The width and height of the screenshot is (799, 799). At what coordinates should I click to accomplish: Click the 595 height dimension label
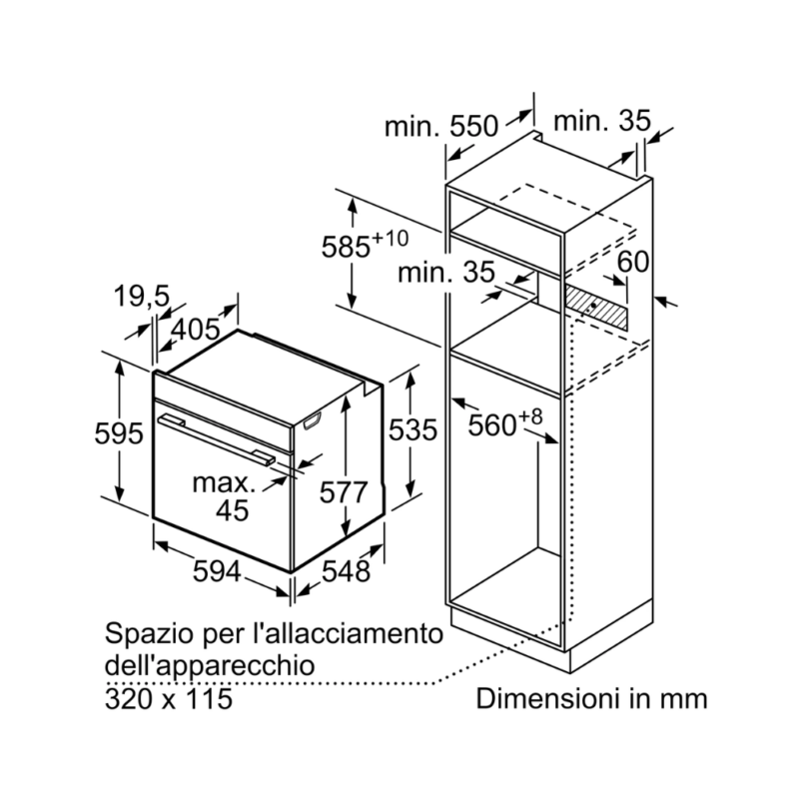coord(118,434)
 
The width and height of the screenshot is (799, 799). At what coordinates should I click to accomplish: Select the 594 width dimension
coord(217,571)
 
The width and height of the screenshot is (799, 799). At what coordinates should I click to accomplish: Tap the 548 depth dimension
coord(346,571)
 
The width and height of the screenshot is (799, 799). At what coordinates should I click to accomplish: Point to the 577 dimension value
coord(344,492)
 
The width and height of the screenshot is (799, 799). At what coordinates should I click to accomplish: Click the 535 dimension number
coord(412,429)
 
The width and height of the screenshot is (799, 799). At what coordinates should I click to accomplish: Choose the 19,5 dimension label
coord(141,296)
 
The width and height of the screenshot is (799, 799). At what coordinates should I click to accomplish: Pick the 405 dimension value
coord(195,330)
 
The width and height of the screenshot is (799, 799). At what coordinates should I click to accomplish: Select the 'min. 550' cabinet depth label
coord(440,126)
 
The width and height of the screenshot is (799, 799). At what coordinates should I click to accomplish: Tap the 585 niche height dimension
coord(365,245)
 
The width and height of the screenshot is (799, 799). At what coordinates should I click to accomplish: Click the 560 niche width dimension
coord(505,423)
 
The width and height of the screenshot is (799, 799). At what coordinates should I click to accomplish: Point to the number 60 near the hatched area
coord(633,262)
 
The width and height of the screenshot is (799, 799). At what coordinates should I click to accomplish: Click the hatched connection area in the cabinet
coord(595,307)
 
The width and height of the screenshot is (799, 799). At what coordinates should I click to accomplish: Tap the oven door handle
coord(216,439)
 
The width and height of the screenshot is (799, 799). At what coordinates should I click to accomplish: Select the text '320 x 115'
coord(169,698)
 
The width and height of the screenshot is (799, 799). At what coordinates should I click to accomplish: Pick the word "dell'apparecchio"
coord(210,666)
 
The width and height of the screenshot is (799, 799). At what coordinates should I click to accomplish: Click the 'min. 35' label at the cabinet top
coord(602,121)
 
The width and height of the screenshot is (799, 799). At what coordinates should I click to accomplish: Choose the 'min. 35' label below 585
coord(445,272)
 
